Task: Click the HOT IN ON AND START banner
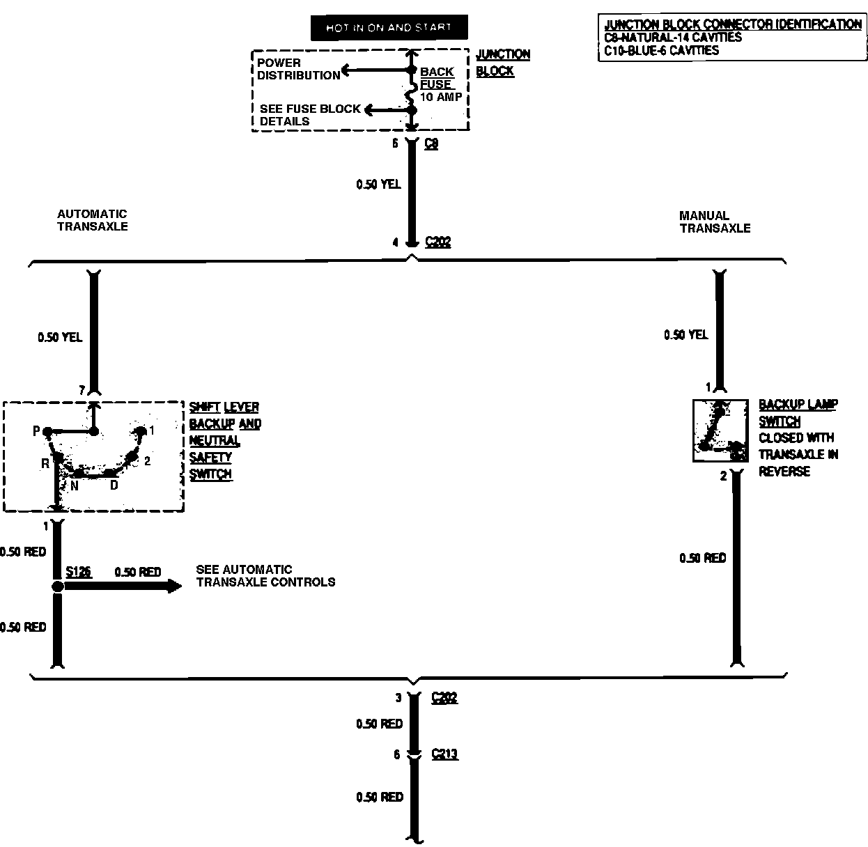pos(389,28)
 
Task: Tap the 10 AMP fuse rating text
pos(440,97)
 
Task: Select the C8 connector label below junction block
pos(431,144)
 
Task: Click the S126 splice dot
pos(57,587)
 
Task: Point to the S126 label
pos(79,572)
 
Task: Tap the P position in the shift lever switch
pos(37,432)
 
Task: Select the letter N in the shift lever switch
pos(74,486)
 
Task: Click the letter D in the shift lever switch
pos(114,485)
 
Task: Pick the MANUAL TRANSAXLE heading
pos(715,222)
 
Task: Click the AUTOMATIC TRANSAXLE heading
pos(93,220)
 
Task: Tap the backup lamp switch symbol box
pos(720,430)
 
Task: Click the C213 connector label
pos(444,754)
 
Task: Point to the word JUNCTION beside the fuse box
pos(503,54)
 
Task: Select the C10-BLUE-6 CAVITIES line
pos(662,50)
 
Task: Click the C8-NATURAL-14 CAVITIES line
pos(673,38)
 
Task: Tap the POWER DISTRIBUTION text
pos(298,69)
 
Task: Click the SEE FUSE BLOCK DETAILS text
pos(310,115)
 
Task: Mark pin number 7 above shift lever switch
pos(82,391)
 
